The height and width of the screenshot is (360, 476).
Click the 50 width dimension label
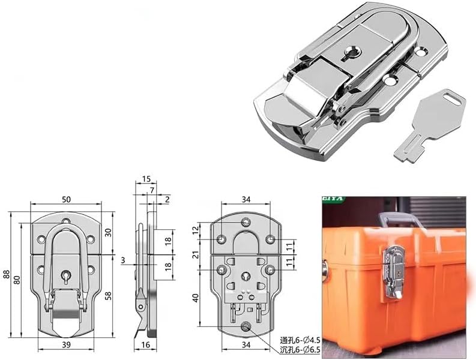coord(66,199)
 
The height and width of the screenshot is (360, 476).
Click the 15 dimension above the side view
coord(146,179)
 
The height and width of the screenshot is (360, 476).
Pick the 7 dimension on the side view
coord(152,190)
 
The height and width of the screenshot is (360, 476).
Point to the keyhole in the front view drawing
coord(66,277)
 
